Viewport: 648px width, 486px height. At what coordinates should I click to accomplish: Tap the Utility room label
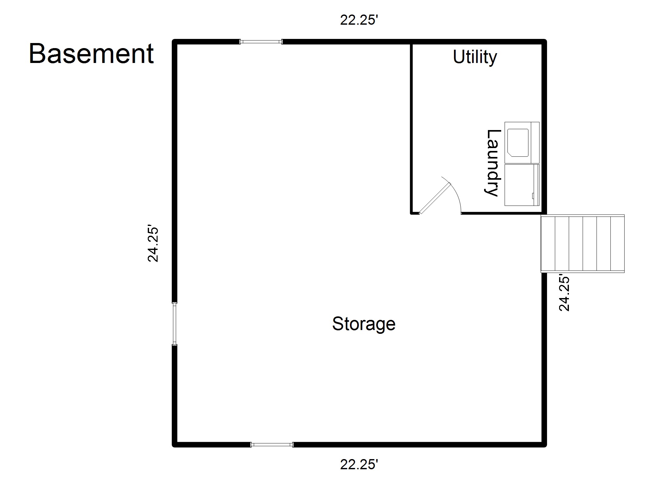click(475, 57)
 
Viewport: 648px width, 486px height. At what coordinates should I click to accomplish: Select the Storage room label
click(364, 324)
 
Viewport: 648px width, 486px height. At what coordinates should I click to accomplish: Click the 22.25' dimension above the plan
click(359, 20)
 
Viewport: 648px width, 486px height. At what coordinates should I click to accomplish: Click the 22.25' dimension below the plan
click(359, 465)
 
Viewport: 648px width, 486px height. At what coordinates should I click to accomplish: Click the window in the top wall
click(261, 41)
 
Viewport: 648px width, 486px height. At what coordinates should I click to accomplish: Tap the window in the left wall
click(174, 324)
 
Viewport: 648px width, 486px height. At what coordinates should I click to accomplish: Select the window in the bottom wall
click(272, 445)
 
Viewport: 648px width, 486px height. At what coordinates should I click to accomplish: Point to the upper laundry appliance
click(522, 143)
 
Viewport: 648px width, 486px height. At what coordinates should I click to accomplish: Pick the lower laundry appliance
click(522, 185)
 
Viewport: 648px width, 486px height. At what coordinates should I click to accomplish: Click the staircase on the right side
click(583, 244)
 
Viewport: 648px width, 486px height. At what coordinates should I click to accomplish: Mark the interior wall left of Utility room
click(411, 128)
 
